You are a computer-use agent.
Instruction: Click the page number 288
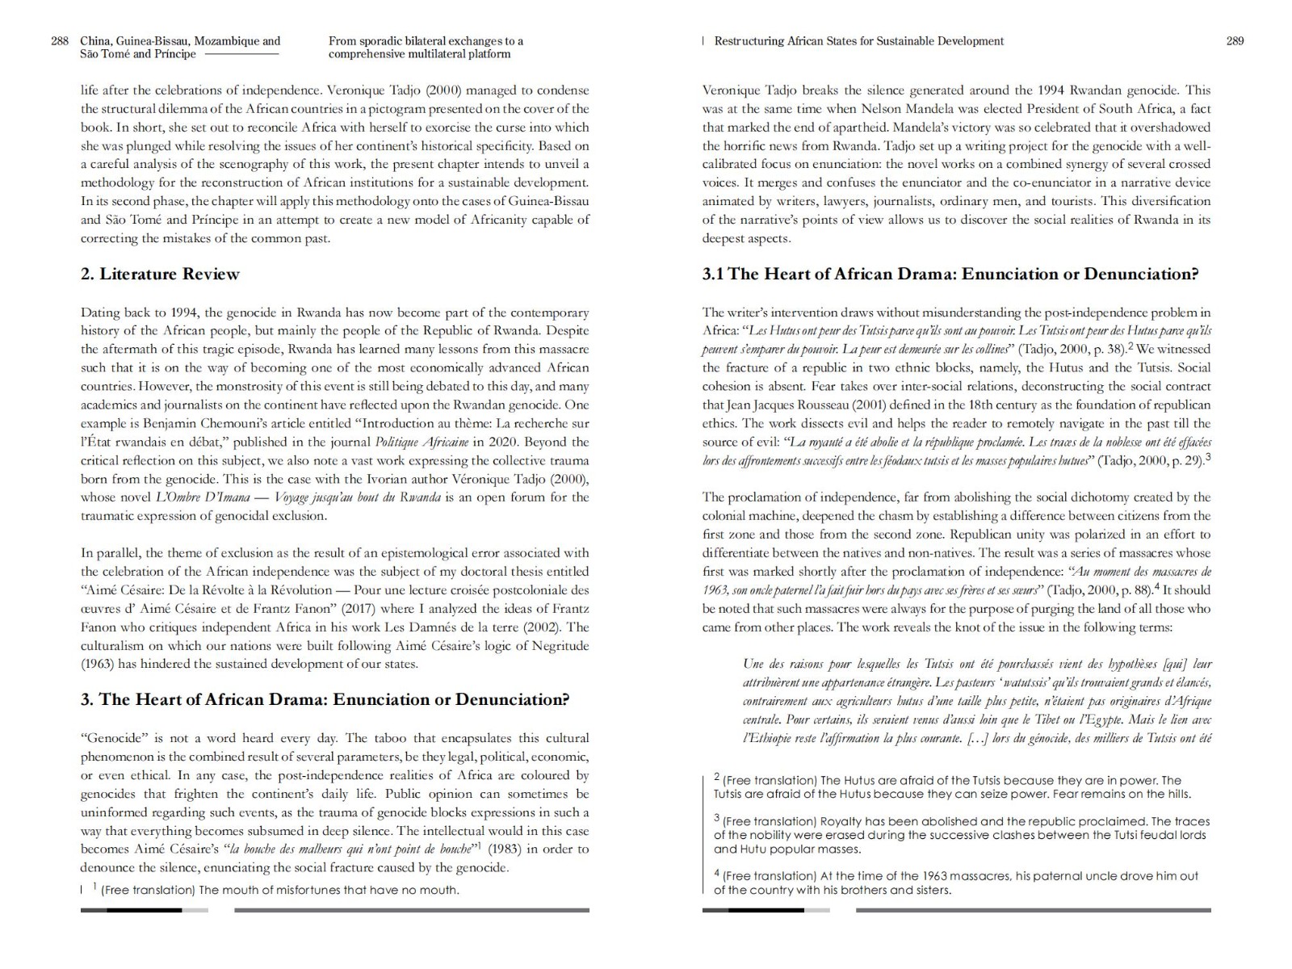[60, 41]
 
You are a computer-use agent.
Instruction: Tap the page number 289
[1235, 41]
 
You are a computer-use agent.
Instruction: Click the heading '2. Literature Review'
[160, 274]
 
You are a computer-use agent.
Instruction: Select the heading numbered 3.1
[950, 274]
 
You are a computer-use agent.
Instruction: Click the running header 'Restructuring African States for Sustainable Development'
[858, 41]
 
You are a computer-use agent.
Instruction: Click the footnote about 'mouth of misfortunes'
[279, 890]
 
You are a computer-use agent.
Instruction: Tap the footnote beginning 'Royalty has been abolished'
[961, 835]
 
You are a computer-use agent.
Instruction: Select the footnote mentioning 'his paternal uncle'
[955, 883]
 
